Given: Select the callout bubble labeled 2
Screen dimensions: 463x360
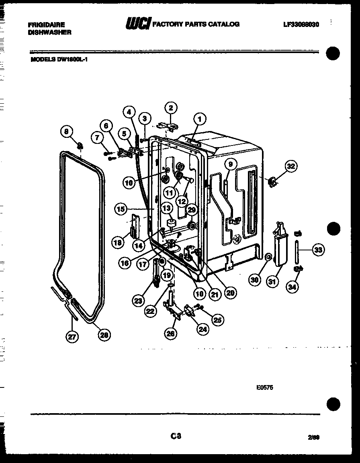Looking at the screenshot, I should pyautogui.click(x=171, y=108).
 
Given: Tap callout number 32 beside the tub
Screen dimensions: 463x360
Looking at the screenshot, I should pyautogui.click(x=290, y=166).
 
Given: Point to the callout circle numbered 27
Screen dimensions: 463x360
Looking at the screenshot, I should pyautogui.click(x=72, y=338).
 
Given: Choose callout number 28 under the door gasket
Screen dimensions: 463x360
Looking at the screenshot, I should pyautogui.click(x=104, y=334).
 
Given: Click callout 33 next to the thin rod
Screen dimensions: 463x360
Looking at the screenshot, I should pyautogui.click(x=318, y=250).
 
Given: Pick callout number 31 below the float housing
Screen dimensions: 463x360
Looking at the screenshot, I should pyautogui.click(x=272, y=282).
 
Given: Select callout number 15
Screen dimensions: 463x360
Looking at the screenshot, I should pyautogui.click(x=120, y=209).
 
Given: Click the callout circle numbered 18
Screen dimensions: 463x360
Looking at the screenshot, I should pyautogui.click(x=117, y=242).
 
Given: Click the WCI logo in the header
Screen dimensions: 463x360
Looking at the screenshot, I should pyautogui.click(x=138, y=24).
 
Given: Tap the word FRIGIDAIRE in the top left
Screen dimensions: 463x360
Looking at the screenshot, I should pyautogui.click(x=47, y=25).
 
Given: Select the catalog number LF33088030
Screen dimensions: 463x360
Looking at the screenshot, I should pyautogui.click(x=301, y=25).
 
